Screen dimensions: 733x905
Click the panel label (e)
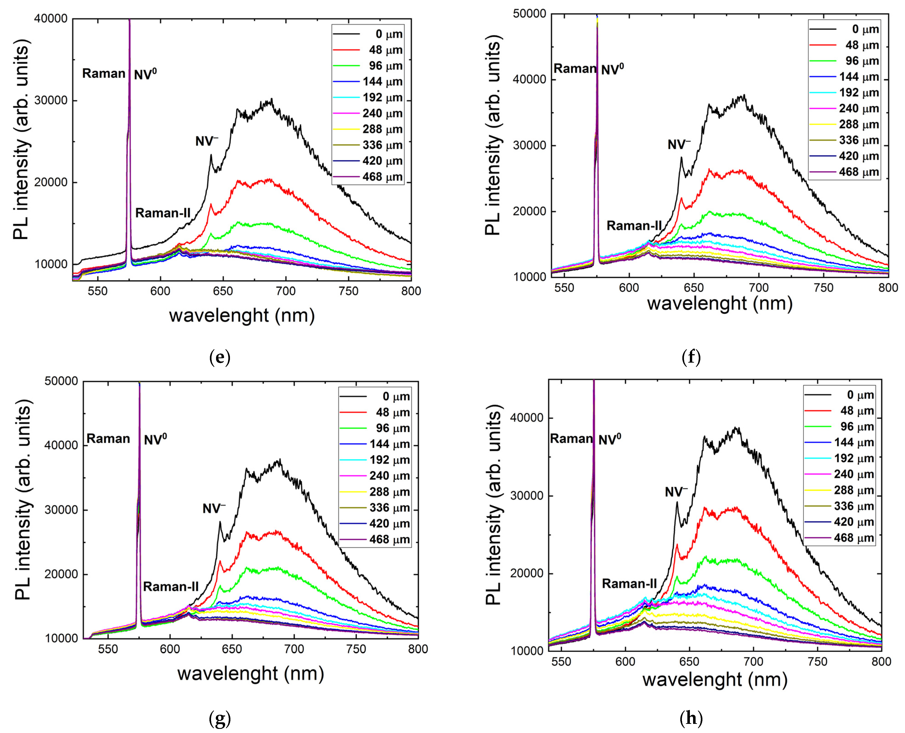tap(219, 358)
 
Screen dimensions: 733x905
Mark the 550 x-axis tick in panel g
tap(108, 649)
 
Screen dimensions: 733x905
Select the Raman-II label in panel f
tap(634, 226)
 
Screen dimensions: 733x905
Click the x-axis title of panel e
tap(242, 316)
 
